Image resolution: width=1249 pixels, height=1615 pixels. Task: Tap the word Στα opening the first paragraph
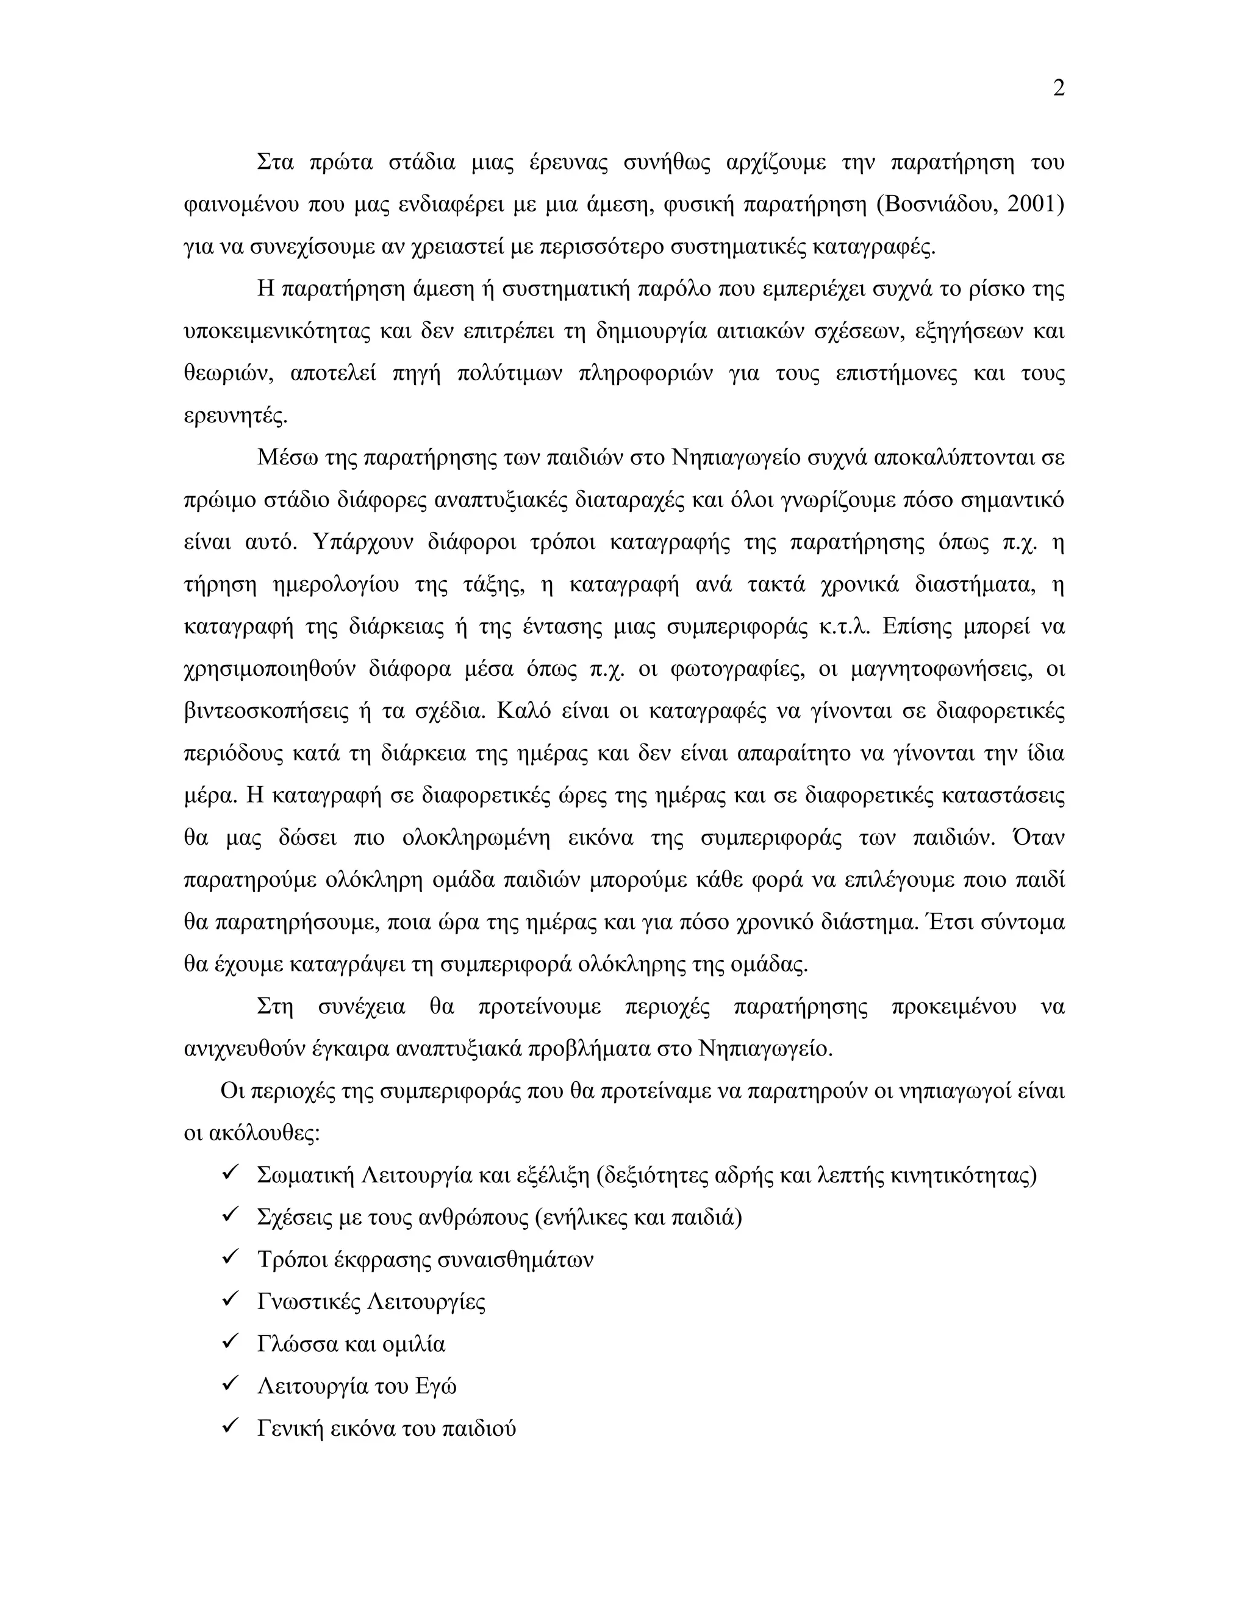(x=275, y=161)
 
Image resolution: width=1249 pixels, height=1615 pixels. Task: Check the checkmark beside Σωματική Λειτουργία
(x=229, y=1174)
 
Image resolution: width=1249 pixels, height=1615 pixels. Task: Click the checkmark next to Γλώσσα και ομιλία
(x=229, y=1342)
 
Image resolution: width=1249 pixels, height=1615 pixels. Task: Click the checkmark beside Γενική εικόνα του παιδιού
(x=229, y=1427)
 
